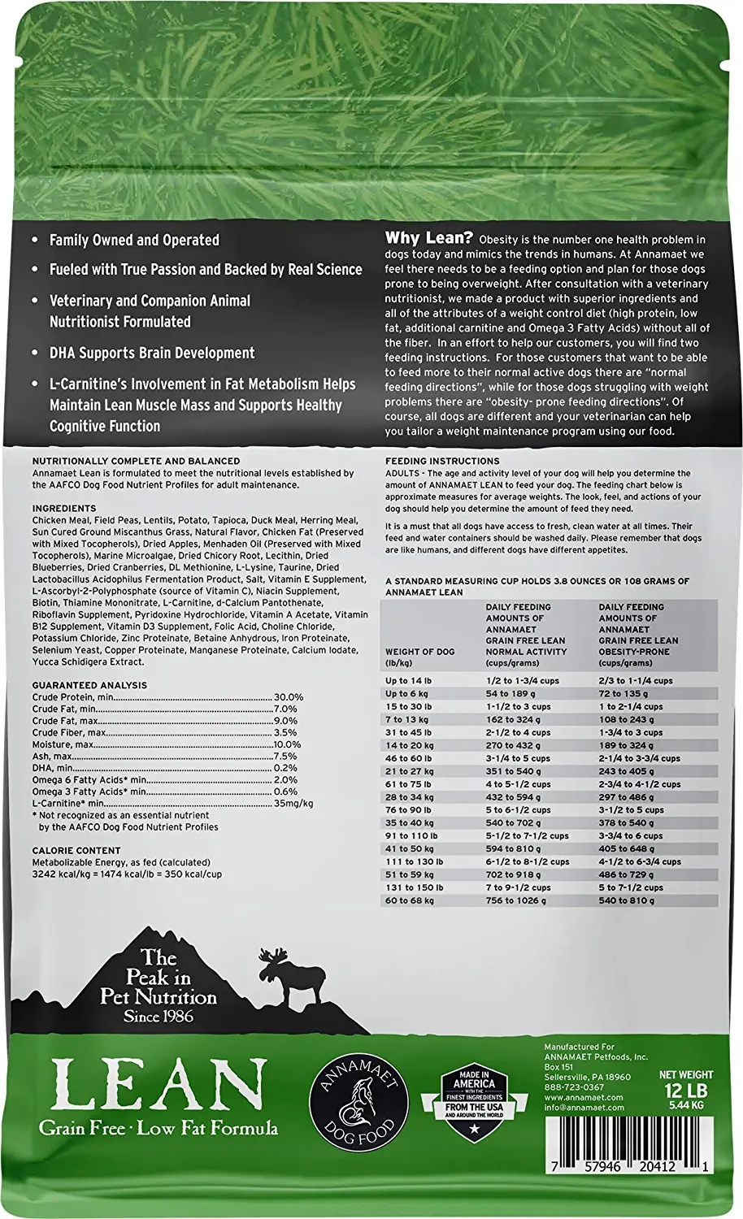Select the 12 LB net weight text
(685, 1090)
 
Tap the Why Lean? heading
(428, 238)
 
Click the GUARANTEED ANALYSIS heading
(89, 685)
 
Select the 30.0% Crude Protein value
(289, 697)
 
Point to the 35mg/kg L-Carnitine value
(293, 803)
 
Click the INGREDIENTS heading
(64, 509)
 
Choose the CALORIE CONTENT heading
(76, 851)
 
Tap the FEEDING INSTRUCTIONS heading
(442, 461)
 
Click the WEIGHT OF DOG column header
(419, 652)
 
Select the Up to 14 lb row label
(409, 681)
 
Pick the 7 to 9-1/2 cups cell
(518, 887)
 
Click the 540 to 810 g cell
(626, 900)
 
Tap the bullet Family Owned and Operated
(134, 241)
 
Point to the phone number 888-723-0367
(574, 1087)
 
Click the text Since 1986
(159, 1017)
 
